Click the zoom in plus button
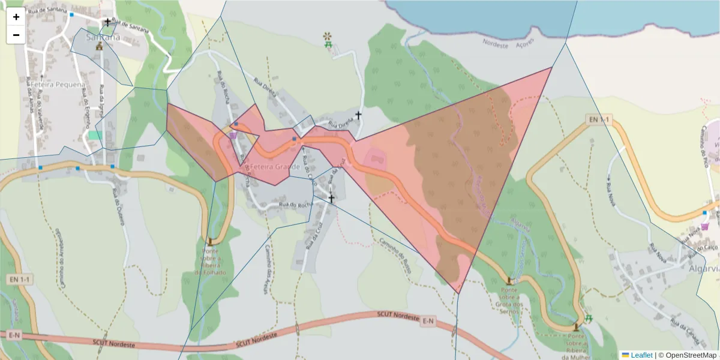coord(16,17)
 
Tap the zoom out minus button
coord(16,35)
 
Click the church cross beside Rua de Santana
coord(108,22)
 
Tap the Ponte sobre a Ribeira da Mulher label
coord(576,347)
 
